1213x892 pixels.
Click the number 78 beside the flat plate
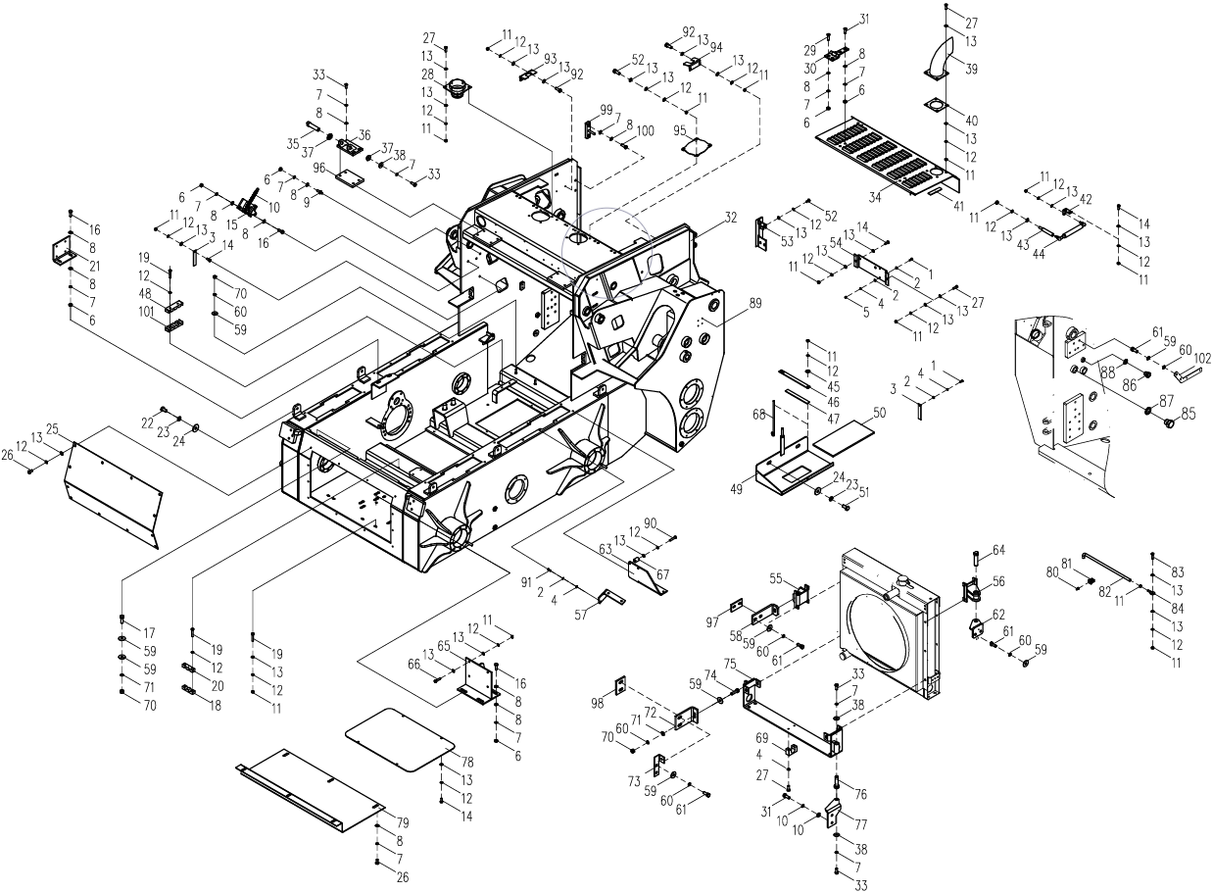467,762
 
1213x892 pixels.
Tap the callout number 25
52,428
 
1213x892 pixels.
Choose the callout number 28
428,74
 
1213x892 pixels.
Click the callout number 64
998,549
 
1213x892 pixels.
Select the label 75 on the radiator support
757,664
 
